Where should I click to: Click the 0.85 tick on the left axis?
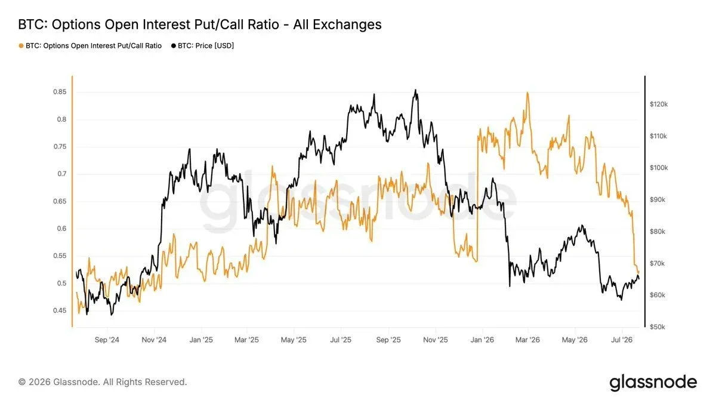pyautogui.click(x=60, y=92)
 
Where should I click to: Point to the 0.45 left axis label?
pyautogui.click(x=60, y=310)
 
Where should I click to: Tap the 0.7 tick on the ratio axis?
pyautogui.click(x=61, y=174)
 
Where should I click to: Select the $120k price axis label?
pyautogui.click(x=659, y=104)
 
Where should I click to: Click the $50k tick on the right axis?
pyautogui.click(x=657, y=327)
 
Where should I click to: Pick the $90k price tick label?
pyautogui.click(x=657, y=199)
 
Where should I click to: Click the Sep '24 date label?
pyautogui.click(x=107, y=340)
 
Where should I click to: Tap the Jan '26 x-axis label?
pyautogui.click(x=482, y=340)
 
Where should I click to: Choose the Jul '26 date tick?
pyautogui.click(x=622, y=340)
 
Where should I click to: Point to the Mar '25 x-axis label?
pyautogui.click(x=246, y=340)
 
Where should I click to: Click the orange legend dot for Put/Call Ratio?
pyautogui.click(x=21, y=46)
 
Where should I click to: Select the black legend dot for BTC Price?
pyautogui.click(x=174, y=46)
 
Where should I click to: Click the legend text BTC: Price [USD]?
pyautogui.click(x=206, y=46)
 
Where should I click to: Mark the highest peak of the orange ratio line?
pyautogui.click(x=527, y=93)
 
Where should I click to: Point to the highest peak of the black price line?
pyautogui.click(x=415, y=90)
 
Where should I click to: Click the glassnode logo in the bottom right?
pyautogui.click(x=653, y=383)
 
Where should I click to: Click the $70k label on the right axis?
pyautogui.click(x=657, y=263)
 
